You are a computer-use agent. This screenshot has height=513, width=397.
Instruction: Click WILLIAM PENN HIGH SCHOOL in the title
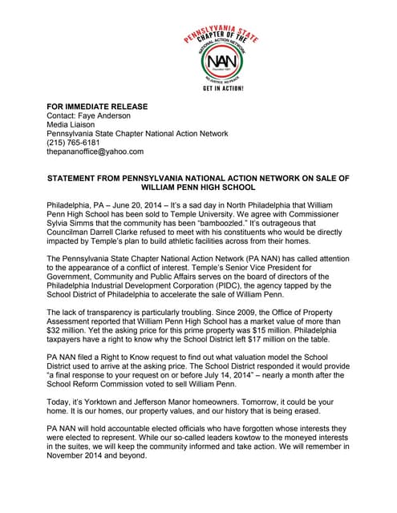(197, 187)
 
